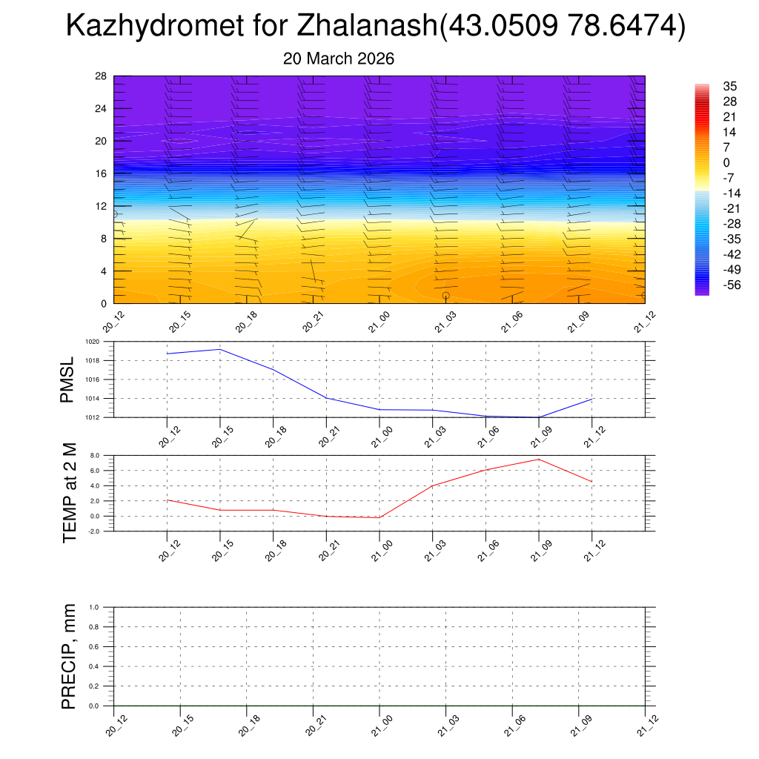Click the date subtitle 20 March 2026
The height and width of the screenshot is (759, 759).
pyautogui.click(x=339, y=59)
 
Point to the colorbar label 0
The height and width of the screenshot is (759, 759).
pyautogui.click(x=726, y=162)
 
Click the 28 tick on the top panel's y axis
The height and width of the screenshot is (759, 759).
pyautogui.click(x=102, y=76)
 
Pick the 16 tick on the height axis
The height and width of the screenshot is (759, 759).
pyautogui.click(x=102, y=173)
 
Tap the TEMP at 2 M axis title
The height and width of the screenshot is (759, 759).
pyautogui.click(x=70, y=492)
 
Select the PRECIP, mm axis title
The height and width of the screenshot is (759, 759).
pyautogui.click(x=70, y=656)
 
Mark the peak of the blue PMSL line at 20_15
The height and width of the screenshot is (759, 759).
pyautogui.click(x=220, y=349)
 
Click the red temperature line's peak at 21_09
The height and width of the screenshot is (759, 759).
pyautogui.click(x=538, y=460)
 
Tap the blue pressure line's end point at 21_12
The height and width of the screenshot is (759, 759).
pyautogui.click(x=591, y=399)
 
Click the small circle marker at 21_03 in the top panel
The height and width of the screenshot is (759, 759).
pyautogui.click(x=445, y=296)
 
